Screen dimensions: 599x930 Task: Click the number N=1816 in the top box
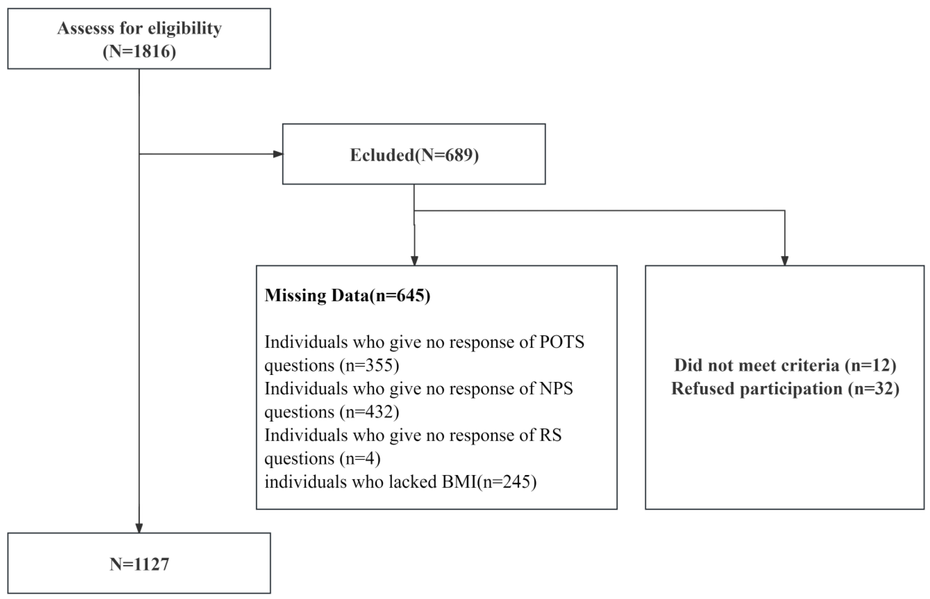[x=139, y=51]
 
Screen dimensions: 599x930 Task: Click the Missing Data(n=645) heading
[x=347, y=295]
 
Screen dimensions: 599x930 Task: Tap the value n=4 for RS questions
[x=360, y=459]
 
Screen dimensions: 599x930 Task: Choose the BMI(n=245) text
[x=489, y=482]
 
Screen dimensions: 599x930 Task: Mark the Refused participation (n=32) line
[x=785, y=389]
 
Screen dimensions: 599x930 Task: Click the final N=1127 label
[x=139, y=564]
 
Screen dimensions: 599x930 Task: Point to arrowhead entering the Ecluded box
[x=278, y=154]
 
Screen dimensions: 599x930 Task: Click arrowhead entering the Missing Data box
[x=414, y=261]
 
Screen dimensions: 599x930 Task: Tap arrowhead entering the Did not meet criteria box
[x=785, y=261]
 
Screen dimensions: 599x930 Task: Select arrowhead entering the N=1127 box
[x=139, y=528]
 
